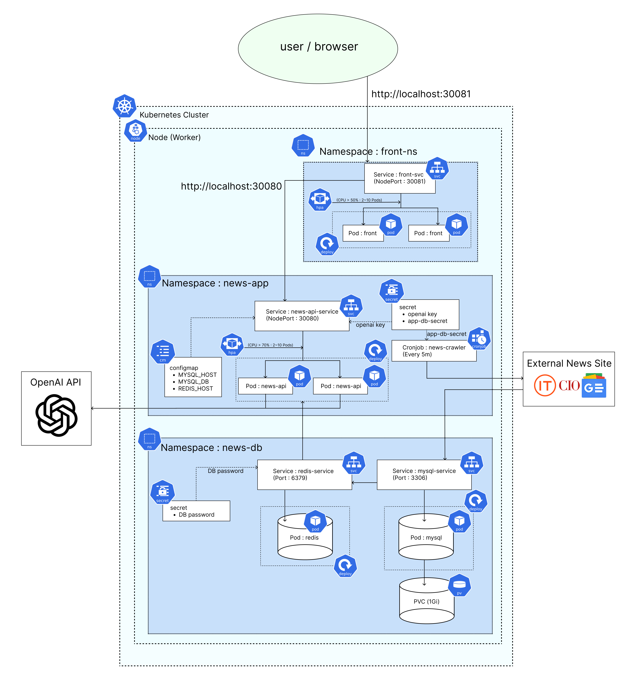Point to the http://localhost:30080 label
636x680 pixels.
(x=231, y=186)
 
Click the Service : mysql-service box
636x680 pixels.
(x=424, y=475)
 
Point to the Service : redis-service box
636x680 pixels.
(x=304, y=475)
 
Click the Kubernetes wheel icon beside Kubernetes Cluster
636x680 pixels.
(x=124, y=106)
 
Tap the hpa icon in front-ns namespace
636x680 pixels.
(x=319, y=199)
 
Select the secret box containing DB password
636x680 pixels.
(x=196, y=511)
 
